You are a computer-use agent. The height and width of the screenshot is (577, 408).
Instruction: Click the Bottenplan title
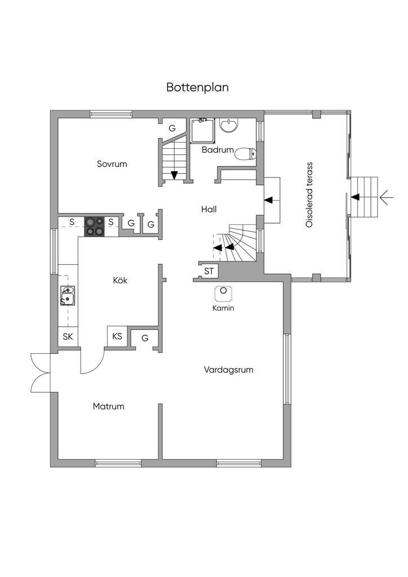(x=197, y=88)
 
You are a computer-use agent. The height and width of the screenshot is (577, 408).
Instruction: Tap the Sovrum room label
(x=112, y=165)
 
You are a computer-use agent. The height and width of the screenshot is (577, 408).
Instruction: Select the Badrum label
(x=218, y=150)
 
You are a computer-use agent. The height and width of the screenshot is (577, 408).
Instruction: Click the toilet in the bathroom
(x=245, y=153)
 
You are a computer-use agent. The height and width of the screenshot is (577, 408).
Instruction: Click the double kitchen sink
(x=68, y=296)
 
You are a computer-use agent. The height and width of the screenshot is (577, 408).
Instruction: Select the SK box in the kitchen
(x=68, y=337)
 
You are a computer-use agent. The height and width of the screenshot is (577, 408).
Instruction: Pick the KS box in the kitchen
(x=117, y=337)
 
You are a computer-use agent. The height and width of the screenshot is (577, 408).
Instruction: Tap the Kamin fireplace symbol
(x=224, y=292)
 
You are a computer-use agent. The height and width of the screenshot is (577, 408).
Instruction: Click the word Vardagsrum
(x=228, y=370)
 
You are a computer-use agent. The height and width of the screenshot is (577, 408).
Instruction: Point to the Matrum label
(x=109, y=406)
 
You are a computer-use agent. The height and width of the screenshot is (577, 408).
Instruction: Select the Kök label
(x=120, y=280)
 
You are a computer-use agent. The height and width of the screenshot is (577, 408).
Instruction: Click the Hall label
(x=209, y=209)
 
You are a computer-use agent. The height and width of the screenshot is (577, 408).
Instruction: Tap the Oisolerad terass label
(x=309, y=194)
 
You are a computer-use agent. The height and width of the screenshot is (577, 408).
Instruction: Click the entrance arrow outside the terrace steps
(x=386, y=197)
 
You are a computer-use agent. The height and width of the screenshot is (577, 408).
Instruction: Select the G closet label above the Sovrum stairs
(x=172, y=128)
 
